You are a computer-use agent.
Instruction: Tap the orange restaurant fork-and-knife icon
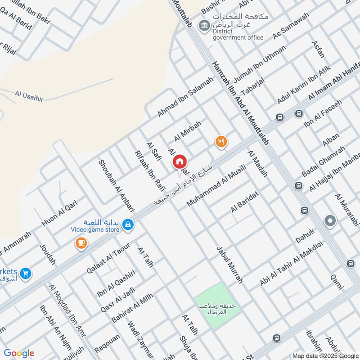click(x=220, y=142)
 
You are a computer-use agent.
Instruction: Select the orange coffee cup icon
click(x=81, y=243)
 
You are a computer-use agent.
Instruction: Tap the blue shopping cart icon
click(x=26, y=273)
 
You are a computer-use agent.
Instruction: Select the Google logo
click(x=19, y=353)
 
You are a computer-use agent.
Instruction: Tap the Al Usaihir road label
click(x=29, y=96)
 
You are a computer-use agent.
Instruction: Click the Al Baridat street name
click(x=245, y=202)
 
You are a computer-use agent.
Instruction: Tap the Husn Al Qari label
click(x=59, y=213)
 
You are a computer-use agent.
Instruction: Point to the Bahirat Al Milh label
click(x=133, y=307)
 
